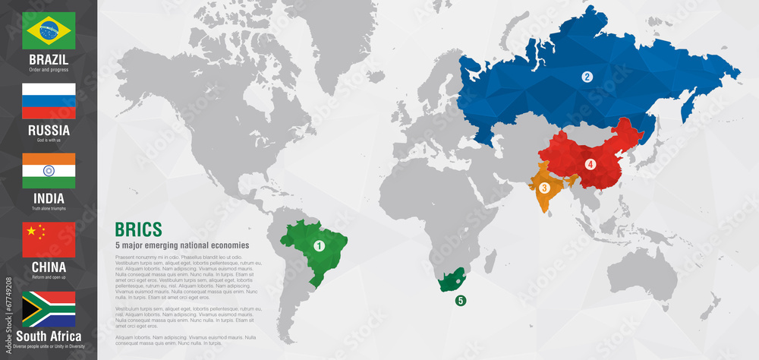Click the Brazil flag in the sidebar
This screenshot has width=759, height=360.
tap(49, 31)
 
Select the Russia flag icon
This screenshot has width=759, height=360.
tap(49, 101)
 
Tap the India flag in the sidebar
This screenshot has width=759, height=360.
tap(49, 170)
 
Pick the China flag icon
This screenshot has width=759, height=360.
tap(49, 240)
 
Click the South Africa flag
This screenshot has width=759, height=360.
tap(49, 308)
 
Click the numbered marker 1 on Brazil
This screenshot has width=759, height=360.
tap(319, 245)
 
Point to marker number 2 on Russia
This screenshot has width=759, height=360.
tap(587, 77)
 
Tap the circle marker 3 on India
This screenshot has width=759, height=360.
tap(544, 188)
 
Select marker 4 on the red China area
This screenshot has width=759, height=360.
tap(590, 164)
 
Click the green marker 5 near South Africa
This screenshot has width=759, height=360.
tap(461, 301)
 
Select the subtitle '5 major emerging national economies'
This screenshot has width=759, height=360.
tap(181, 245)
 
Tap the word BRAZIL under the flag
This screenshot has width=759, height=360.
tap(49, 59)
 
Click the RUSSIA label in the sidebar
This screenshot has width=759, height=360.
tap(49, 130)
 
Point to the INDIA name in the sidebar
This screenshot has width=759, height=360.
tap(49, 198)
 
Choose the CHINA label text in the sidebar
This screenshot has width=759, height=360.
tap(49, 267)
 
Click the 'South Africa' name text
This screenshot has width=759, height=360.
tap(49, 336)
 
